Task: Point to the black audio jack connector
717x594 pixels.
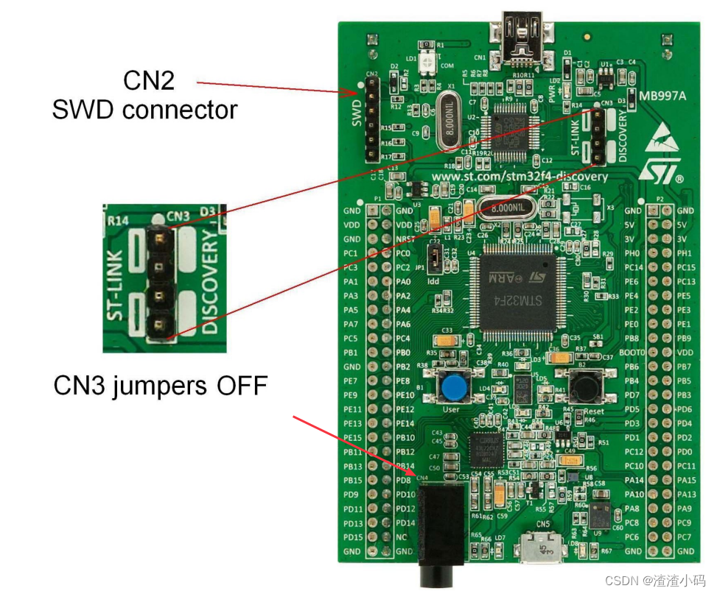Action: pyautogui.click(x=436, y=526)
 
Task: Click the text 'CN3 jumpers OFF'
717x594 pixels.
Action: pyautogui.click(x=160, y=385)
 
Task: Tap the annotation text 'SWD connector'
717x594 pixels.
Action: pyautogui.click(x=144, y=110)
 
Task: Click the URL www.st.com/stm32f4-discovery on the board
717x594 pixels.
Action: pyautogui.click(x=520, y=177)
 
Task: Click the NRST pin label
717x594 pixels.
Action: pyautogui.click(x=403, y=238)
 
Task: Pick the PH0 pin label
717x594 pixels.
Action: pyautogui.click(x=633, y=253)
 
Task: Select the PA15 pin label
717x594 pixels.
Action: pyautogui.click(x=686, y=480)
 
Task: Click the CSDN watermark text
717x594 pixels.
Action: pyautogui.click(x=655, y=581)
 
